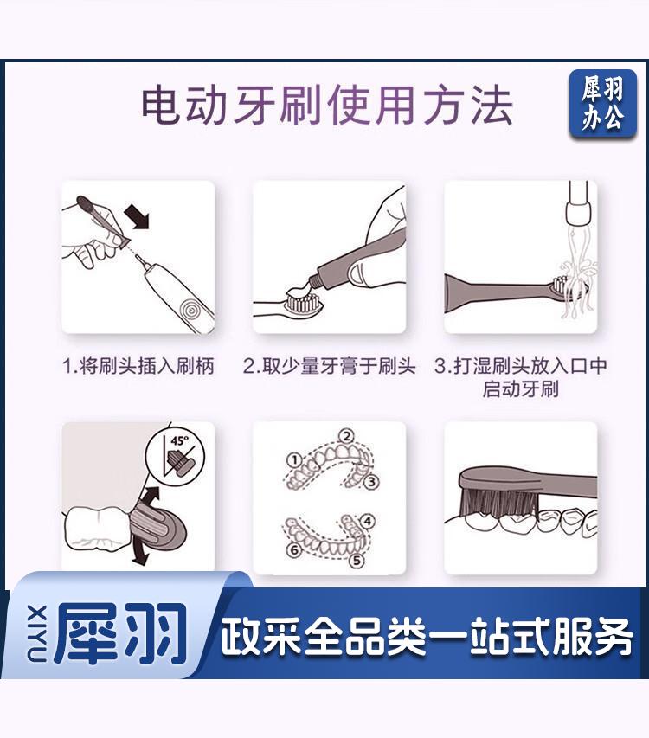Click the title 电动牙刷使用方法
328,106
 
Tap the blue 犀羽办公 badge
602,104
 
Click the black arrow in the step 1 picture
137,218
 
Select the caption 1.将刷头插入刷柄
138,366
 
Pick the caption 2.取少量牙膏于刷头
330,366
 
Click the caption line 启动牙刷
521,389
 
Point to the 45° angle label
179,441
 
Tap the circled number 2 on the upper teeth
346,436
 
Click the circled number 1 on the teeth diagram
294,459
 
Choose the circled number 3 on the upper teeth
371,482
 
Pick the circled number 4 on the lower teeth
368,521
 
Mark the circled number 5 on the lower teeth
357,561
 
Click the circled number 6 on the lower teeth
294,549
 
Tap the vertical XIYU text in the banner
39,633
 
